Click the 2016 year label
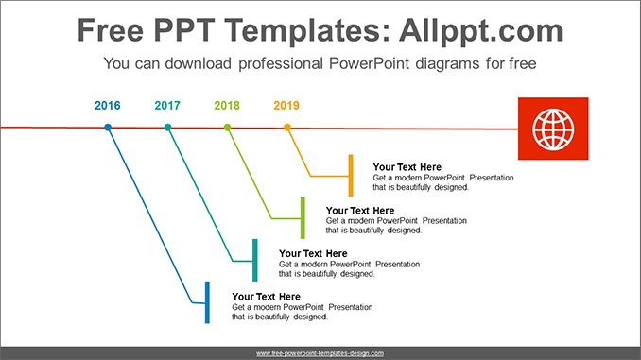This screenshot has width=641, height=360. click(x=108, y=105)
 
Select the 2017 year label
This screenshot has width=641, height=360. click(x=167, y=105)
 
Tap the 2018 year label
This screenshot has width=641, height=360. click(x=227, y=105)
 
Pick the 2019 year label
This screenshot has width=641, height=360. click(x=286, y=105)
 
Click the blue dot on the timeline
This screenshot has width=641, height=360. click(x=108, y=127)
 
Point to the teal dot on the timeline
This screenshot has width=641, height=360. click(x=167, y=127)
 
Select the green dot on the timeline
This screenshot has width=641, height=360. click(x=227, y=127)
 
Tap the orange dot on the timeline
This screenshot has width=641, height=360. click(x=287, y=127)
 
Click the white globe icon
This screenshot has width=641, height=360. click(x=552, y=129)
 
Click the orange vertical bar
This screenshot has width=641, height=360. click(x=351, y=175)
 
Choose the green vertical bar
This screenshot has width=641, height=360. click(x=303, y=218)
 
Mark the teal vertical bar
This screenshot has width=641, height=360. click(x=254, y=260)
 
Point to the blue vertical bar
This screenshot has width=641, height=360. click(x=207, y=302)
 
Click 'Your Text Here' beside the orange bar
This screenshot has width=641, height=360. click(x=407, y=167)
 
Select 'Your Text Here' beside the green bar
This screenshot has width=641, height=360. click(x=360, y=211)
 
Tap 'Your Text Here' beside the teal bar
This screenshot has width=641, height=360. click(x=313, y=253)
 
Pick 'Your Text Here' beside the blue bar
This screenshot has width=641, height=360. click(x=266, y=297)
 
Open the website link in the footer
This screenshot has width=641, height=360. click(x=320, y=352)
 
